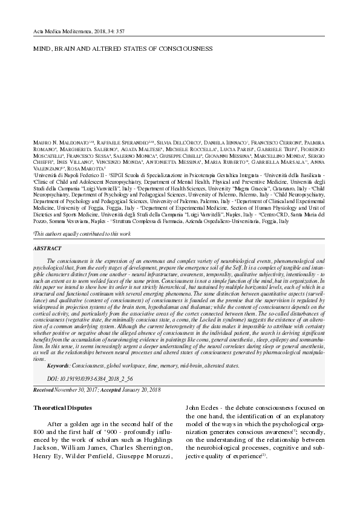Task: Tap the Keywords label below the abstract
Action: [x=57, y=366]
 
